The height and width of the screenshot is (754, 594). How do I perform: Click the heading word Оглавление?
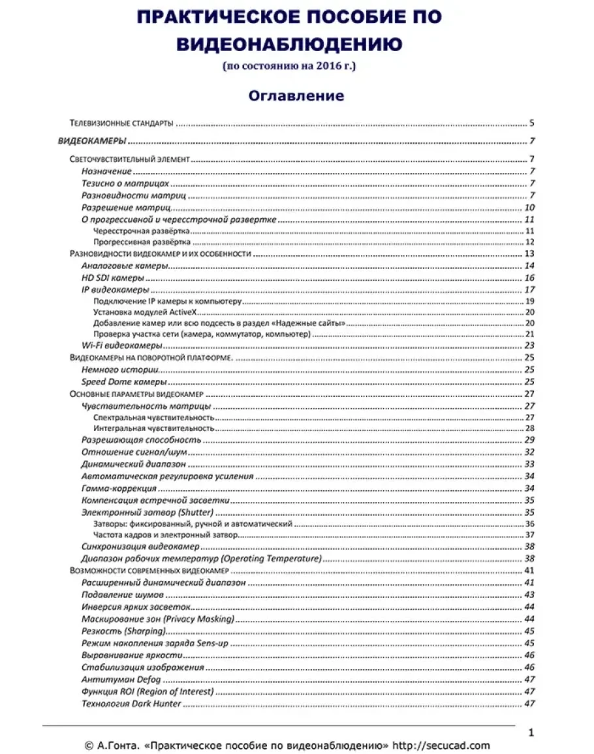point(296,96)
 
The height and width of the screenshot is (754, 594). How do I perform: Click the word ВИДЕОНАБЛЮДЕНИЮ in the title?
point(289,43)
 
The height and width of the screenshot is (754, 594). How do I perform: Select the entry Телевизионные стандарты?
point(121,123)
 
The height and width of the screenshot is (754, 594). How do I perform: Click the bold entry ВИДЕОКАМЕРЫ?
point(92,141)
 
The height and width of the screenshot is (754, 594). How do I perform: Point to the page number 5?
point(532,123)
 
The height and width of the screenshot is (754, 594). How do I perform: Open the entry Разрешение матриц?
point(126,208)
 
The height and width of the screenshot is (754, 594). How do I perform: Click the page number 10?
point(530,208)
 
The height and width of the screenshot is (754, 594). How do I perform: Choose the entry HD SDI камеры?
point(113,277)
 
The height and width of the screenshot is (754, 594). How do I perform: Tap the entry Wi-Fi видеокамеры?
point(121,345)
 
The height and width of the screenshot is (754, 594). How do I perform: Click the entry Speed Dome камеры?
point(124,381)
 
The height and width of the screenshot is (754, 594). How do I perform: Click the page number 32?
point(529,452)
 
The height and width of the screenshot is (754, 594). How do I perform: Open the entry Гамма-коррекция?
point(119,488)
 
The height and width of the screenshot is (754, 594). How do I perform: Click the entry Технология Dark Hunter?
point(131,704)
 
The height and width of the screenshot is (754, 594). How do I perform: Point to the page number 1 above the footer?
point(531,733)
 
